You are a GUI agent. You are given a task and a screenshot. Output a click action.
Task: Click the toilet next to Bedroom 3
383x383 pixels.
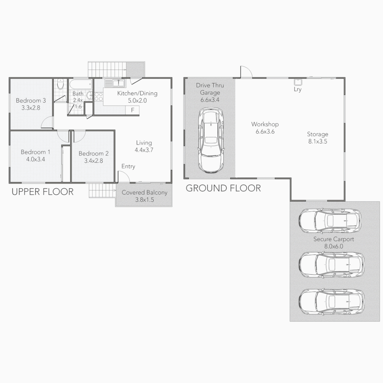pyautogui.click(x=61, y=85)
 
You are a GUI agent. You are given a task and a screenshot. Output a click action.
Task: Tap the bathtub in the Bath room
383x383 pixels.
pyautogui.click(x=80, y=85)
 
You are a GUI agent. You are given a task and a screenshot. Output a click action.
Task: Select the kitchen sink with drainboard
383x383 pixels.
pyautogui.click(x=114, y=83)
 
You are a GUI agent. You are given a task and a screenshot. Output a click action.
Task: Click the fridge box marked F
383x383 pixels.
pyautogui.click(x=133, y=110)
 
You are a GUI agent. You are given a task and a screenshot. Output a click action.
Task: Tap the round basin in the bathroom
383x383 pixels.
pyautogui.click(x=89, y=95)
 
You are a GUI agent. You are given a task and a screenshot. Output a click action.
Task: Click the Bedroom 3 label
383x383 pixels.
pyautogui.click(x=30, y=101)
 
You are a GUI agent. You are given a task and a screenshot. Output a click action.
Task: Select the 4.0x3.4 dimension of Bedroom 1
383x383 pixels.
pyautogui.click(x=35, y=159)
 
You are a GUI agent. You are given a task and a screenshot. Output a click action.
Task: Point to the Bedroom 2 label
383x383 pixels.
pyautogui.click(x=94, y=154)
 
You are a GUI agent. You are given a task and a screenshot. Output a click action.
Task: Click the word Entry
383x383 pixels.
pyautogui.click(x=128, y=166)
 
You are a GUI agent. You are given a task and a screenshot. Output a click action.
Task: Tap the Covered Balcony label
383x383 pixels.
pyautogui.click(x=144, y=193)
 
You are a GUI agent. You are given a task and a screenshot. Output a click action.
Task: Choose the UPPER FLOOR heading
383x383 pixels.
pyautogui.click(x=43, y=192)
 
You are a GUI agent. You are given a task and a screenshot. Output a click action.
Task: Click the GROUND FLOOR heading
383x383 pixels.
pyautogui.click(x=223, y=188)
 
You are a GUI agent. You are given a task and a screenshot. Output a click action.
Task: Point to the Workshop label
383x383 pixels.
pyautogui.click(x=265, y=124)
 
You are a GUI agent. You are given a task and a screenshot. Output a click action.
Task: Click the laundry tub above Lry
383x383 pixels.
pyautogui.click(x=298, y=82)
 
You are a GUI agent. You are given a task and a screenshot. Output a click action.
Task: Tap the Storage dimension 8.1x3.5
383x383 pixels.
pyautogui.click(x=317, y=141)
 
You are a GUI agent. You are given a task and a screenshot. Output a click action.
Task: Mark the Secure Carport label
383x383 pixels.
pyautogui.click(x=333, y=239)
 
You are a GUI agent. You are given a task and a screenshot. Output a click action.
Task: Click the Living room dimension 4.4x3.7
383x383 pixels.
pyautogui.click(x=144, y=150)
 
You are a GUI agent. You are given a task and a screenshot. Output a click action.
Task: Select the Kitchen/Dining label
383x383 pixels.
pyautogui.click(x=137, y=94)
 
